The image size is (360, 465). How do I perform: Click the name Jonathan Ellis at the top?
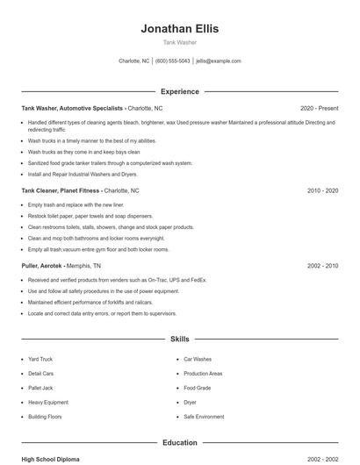(x=179, y=28)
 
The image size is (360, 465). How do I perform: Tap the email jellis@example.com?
(x=218, y=61)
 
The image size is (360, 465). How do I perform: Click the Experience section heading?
(x=179, y=91)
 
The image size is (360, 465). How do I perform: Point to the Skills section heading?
(x=179, y=338)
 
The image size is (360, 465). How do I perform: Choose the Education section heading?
(x=179, y=443)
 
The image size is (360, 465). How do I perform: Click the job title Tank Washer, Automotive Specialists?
(x=72, y=108)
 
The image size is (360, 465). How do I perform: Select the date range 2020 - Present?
(x=319, y=108)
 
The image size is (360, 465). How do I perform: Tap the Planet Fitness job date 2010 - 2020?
(x=322, y=190)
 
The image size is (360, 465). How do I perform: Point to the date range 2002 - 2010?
(x=322, y=265)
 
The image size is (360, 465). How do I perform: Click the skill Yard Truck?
(x=40, y=359)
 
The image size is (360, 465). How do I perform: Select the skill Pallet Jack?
(x=40, y=388)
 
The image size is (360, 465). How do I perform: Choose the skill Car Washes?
(x=197, y=359)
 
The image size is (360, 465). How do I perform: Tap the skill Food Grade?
(x=197, y=388)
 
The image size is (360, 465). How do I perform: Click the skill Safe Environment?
(x=204, y=417)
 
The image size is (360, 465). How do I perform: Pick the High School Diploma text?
(x=51, y=459)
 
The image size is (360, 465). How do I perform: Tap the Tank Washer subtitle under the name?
(x=179, y=42)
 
